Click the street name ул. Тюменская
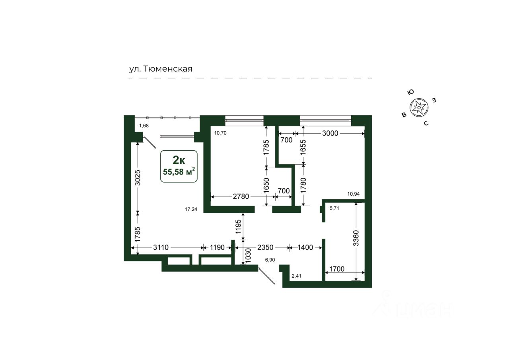pyautogui.click(x=161, y=69)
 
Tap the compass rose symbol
pyautogui.click(x=419, y=107)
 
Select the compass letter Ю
pyautogui.click(x=411, y=92)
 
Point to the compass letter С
pyautogui.click(x=426, y=123)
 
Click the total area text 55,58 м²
pyautogui.click(x=179, y=171)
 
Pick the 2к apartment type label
pyautogui.click(x=179, y=160)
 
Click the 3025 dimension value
pyautogui.click(x=138, y=178)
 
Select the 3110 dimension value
pyautogui.click(x=161, y=247)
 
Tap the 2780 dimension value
pyautogui.click(x=241, y=197)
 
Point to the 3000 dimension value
pyautogui.click(x=330, y=133)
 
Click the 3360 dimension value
pyautogui.click(x=356, y=238)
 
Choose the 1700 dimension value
pyautogui.click(x=337, y=269)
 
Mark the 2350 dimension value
pyautogui.click(x=265, y=247)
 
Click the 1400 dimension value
pyautogui.click(x=305, y=247)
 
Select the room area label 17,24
pyautogui.click(x=191, y=209)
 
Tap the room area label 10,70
pyautogui.click(x=220, y=133)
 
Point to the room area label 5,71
pyautogui.click(x=334, y=208)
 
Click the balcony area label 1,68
pyautogui.click(x=144, y=126)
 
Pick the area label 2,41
pyautogui.click(x=297, y=276)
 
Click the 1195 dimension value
pyautogui.click(x=238, y=227)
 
